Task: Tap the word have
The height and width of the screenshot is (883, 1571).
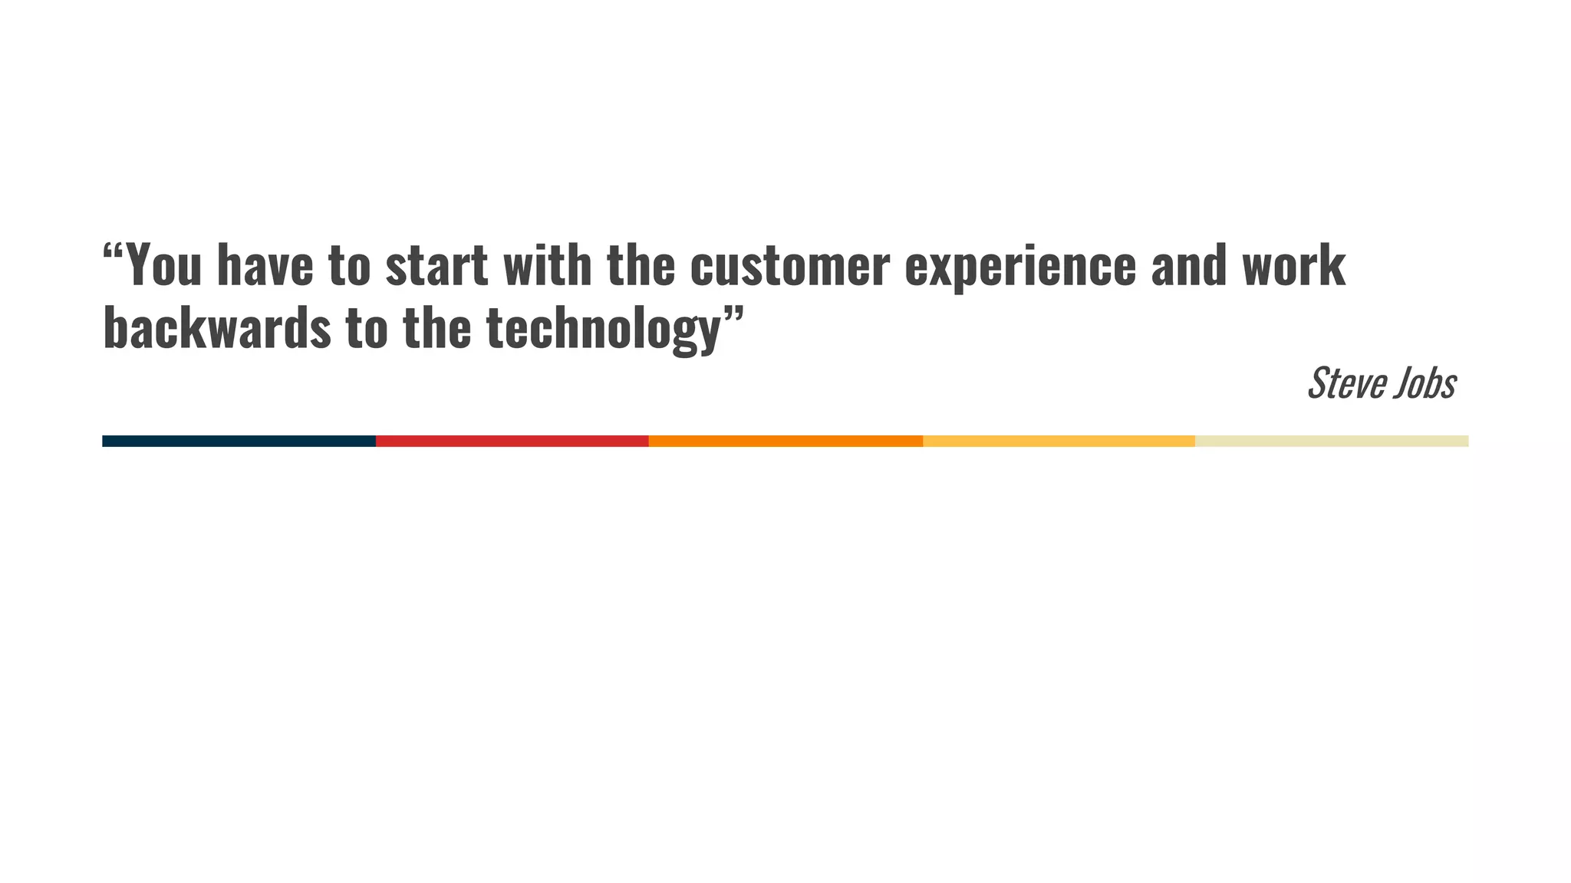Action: click(x=265, y=265)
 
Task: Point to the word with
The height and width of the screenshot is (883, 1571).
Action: click(x=547, y=265)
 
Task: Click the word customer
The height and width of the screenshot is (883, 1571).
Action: click(x=789, y=265)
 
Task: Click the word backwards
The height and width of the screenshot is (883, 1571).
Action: click(x=216, y=328)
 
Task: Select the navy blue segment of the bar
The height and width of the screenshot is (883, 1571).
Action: click(x=239, y=441)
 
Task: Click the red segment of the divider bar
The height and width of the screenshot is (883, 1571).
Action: click(x=512, y=441)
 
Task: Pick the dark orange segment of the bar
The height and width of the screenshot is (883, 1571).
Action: click(x=785, y=441)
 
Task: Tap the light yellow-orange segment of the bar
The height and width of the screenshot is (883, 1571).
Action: click(x=1059, y=441)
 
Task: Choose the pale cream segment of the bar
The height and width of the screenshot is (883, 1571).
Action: click(x=1332, y=441)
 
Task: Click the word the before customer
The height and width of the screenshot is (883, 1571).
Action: click(x=641, y=265)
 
